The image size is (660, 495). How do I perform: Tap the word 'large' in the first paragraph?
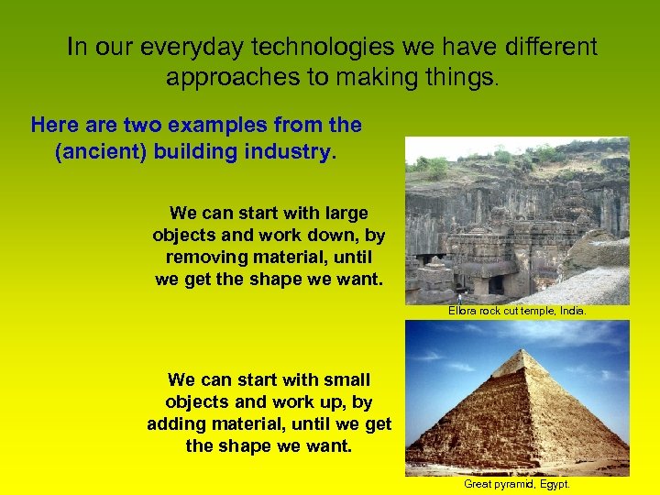pyautogui.click(x=344, y=214)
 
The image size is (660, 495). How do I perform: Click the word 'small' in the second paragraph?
pyautogui.click(x=345, y=379)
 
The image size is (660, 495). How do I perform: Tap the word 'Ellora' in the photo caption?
pyautogui.click(x=463, y=312)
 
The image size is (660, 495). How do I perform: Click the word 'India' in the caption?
pyautogui.click(x=571, y=312)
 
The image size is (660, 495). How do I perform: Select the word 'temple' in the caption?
pyautogui.click(x=533, y=312)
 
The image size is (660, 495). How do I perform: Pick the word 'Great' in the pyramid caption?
pyautogui.click(x=479, y=484)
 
